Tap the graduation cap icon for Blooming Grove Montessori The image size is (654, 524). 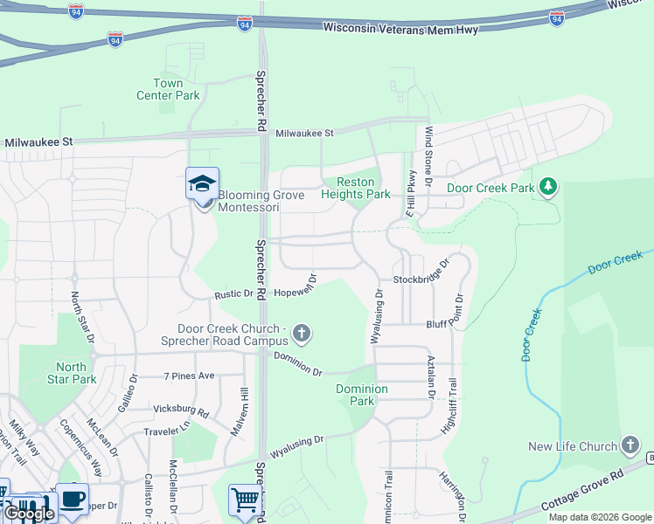(x=202, y=184)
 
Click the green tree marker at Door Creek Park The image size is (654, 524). (x=548, y=186)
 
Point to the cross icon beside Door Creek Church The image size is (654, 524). (x=303, y=333)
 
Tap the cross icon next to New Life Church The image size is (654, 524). (x=630, y=445)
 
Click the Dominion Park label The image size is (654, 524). (x=362, y=395)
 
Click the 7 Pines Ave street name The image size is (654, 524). (x=189, y=376)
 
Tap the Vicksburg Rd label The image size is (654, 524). (x=181, y=410)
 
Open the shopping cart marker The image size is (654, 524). (x=246, y=500)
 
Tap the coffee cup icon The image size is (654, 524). (x=72, y=499)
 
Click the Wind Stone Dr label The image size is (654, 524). (x=429, y=156)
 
